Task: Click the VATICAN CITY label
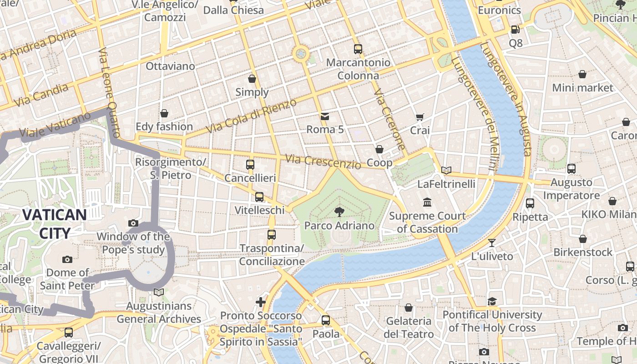[x=54, y=224]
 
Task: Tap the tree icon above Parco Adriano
[x=339, y=211]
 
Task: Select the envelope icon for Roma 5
[x=325, y=116]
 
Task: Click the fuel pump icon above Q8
[x=515, y=29]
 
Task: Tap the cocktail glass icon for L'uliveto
[x=492, y=243]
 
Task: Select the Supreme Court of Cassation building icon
[x=427, y=202]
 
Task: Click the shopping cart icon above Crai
[x=420, y=117]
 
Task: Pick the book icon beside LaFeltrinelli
[x=446, y=171]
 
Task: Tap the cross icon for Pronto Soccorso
[x=261, y=302]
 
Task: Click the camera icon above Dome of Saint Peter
[x=67, y=259]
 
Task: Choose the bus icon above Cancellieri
[x=250, y=164]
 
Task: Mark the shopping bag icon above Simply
[x=252, y=79]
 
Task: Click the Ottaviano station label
[x=170, y=66]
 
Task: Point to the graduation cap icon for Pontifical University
[x=492, y=301]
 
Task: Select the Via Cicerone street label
[x=389, y=119]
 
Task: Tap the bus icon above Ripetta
[x=530, y=203]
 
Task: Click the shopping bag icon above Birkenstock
[x=582, y=239]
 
